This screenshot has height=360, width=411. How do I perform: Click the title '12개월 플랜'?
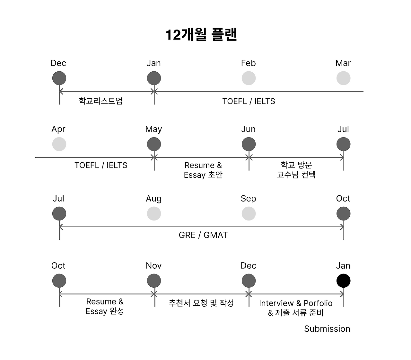[x=201, y=35]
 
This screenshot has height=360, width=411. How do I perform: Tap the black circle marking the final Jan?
[x=343, y=281]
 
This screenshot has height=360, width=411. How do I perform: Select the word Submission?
[x=327, y=329]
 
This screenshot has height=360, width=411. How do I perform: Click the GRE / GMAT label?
[x=203, y=235]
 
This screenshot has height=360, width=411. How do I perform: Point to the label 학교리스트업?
[x=101, y=101]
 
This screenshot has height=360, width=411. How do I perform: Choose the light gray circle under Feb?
[x=249, y=78]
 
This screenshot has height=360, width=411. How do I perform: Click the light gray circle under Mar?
[x=343, y=78]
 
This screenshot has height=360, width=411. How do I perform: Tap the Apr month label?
[x=58, y=129]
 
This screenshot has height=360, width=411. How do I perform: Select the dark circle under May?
[x=154, y=144]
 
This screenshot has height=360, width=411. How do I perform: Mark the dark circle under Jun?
[x=249, y=144]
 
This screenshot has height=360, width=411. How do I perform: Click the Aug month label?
[x=153, y=199]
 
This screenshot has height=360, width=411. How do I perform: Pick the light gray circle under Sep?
[x=249, y=214]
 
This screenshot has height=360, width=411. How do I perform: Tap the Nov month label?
[x=153, y=266]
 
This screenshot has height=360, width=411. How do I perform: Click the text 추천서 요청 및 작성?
[x=201, y=303]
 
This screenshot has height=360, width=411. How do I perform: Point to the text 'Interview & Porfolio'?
[x=295, y=303]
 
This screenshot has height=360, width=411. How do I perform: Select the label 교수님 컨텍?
[x=296, y=175]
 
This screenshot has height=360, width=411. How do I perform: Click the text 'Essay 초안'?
[x=203, y=175]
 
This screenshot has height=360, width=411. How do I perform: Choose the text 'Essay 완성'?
[x=105, y=311]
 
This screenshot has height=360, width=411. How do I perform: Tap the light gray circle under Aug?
[x=154, y=214]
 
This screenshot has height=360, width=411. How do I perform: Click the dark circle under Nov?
[x=154, y=281]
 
